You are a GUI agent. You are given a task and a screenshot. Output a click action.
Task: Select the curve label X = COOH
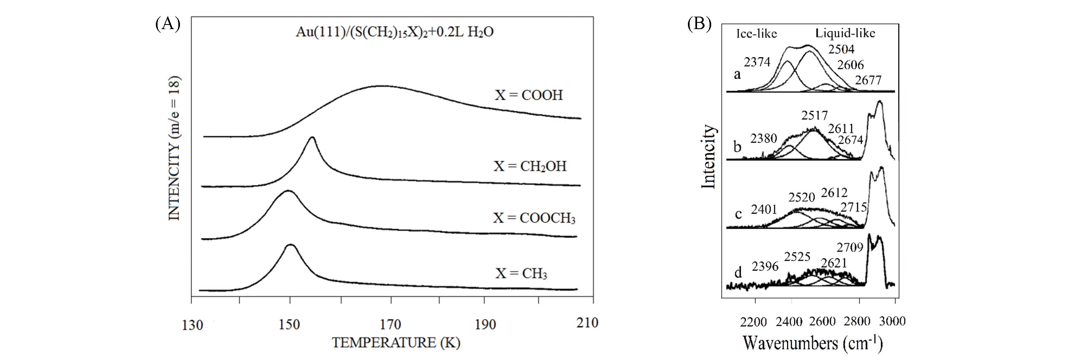528,95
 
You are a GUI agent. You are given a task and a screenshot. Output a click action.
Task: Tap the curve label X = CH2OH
530,166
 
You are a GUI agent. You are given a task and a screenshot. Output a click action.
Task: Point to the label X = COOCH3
534,218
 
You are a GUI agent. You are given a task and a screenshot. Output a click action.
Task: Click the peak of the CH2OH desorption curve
312,138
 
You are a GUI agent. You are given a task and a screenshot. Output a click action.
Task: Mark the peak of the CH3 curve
291,245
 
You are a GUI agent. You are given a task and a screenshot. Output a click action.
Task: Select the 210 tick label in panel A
587,323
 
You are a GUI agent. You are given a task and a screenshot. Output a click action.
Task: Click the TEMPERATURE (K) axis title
396,343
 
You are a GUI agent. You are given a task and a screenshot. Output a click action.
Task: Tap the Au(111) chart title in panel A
394,32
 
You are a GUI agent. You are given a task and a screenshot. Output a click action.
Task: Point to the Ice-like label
757,34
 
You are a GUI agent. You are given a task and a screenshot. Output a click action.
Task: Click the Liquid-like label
845,33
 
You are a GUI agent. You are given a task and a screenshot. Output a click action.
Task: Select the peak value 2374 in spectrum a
757,62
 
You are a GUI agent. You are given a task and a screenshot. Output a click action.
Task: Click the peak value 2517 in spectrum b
814,115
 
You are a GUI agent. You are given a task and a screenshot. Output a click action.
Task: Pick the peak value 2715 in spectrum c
853,207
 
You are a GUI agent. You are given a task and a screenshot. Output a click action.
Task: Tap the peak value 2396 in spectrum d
765,266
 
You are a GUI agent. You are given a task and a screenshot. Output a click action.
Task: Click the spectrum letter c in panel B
738,215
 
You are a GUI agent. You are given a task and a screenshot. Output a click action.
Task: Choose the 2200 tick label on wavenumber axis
753,321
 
